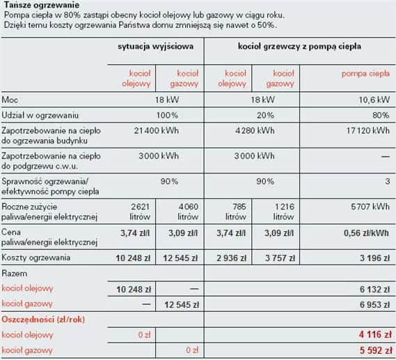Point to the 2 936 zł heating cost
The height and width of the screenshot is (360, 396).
[237, 258]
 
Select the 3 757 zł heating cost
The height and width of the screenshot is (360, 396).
[283, 258]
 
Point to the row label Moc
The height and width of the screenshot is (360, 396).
[10, 100]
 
